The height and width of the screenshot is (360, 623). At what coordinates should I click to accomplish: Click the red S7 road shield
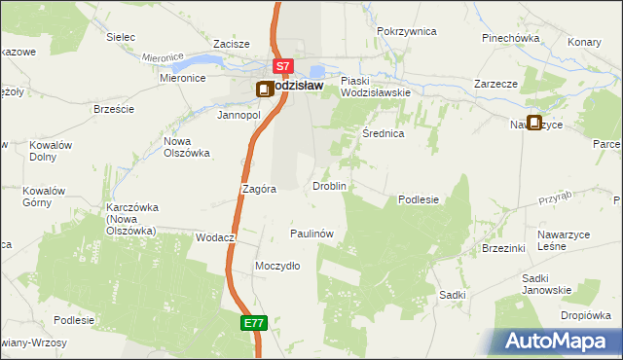pyautogui.click(x=282, y=67)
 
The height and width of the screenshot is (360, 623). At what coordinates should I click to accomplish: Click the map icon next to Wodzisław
pyautogui.click(x=264, y=90)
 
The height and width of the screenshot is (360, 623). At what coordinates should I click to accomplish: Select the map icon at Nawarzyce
pyautogui.click(x=533, y=124)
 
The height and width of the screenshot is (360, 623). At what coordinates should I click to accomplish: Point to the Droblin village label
pyautogui.click(x=329, y=185)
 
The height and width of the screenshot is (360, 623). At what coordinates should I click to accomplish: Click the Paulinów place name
pyautogui.click(x=312, y=234)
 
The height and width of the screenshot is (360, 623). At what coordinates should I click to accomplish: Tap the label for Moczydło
pyautogui.click(x=276, y=266)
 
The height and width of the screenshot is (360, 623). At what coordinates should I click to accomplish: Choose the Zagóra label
pyautogui.click(x=259, y=190)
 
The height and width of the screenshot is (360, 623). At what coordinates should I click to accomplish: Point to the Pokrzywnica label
pyautogui.click(x=407, y=31)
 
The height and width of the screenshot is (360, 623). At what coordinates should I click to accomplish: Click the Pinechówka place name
pyautogui.click(x=510, y=38)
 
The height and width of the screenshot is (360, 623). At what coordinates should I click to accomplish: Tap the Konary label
pyautogui.click(x=584, y=43)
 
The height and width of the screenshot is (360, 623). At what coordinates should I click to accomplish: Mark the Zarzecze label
pyautogui.click(x=495, y=84)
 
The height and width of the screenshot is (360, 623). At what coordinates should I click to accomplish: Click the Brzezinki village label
pyautogui.click(x=503, y=248)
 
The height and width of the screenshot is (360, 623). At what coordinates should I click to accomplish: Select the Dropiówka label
pyautogui.click(x=585, y=315)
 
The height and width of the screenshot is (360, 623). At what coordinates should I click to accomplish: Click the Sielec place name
pyautogui.click(x=121, y=37)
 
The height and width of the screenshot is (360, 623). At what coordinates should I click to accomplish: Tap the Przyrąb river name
pyautogui.click(x=553, y=199)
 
